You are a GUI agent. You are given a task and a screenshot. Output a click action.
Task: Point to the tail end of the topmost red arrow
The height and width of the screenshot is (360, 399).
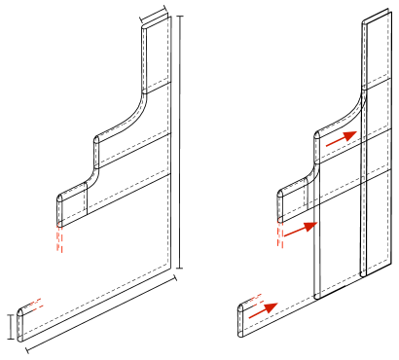[x=325, y=147]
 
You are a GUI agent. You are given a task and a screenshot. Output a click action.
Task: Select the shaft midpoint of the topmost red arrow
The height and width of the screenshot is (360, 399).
[x=340, y=139]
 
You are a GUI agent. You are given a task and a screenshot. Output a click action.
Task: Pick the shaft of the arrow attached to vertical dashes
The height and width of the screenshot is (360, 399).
[x=297, y=231]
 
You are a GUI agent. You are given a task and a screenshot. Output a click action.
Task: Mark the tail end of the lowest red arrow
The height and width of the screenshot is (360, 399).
[x=248, y=318]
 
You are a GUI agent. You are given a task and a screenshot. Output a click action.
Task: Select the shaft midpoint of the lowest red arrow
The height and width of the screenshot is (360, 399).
[x=262, y=311]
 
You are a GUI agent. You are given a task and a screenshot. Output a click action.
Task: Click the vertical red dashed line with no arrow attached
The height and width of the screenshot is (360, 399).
[x=59, y=237]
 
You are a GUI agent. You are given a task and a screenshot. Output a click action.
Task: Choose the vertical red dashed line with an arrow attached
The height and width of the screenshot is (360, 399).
[x=280, y=233]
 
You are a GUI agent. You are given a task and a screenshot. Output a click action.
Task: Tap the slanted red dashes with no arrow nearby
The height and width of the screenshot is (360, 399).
[x=36, y=305]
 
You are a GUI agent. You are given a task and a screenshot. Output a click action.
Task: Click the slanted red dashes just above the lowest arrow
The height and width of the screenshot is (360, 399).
[x=257, y=298]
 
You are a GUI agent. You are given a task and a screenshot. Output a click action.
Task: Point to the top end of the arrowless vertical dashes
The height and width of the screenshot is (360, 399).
[x=59, y=224]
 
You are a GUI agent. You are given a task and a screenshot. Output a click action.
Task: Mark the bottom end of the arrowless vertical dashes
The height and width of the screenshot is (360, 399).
[x=59, y=252]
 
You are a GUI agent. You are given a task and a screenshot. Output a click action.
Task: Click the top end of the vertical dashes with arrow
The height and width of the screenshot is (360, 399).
[x=280, y=218]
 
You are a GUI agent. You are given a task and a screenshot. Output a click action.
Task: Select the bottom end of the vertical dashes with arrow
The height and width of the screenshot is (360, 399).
[x=280, y=248]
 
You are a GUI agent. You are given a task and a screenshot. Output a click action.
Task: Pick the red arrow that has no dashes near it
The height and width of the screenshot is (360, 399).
[x=341, y=139]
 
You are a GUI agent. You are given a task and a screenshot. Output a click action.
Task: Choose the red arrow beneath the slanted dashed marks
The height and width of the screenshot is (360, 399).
[x=263, y=311]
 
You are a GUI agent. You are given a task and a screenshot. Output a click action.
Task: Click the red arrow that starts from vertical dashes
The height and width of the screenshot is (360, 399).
[x=299, y=230]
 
